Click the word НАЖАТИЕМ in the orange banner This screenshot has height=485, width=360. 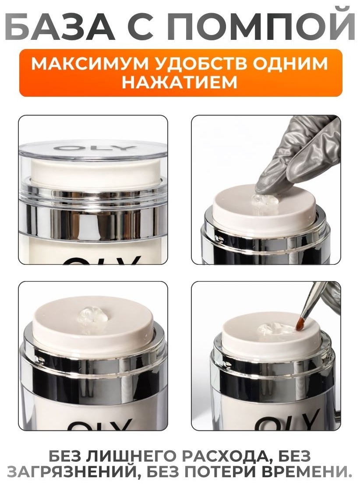pyautogui.click(x=180, y=82)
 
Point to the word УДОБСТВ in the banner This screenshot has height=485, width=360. pyautogui.click(x=178, y=64)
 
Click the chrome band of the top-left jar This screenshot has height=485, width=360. pyautogui.click(x=92, y=220)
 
